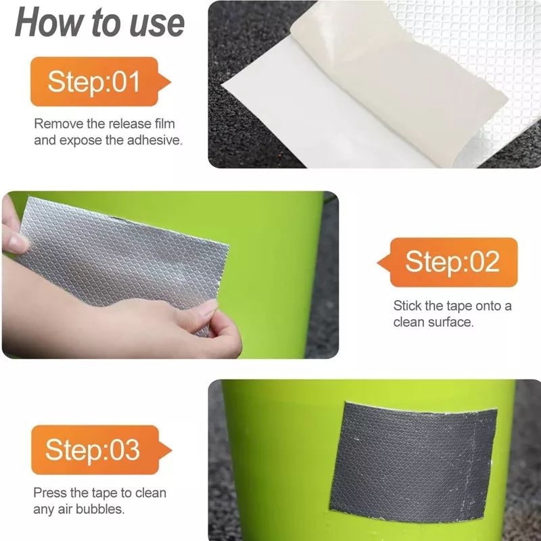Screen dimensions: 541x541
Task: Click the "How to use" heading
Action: [x=99, y=23]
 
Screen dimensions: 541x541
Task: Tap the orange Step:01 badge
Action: [x=100, y=81]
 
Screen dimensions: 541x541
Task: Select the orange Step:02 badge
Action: [x=448, y=262]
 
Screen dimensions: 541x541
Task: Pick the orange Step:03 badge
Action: [x=101, y=450]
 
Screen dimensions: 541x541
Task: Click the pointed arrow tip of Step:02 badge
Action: [x=378, y=263]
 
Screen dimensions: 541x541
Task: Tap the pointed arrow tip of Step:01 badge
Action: [x=170, y=82]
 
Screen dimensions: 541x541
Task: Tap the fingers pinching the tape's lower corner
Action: [x=221, y=328]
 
